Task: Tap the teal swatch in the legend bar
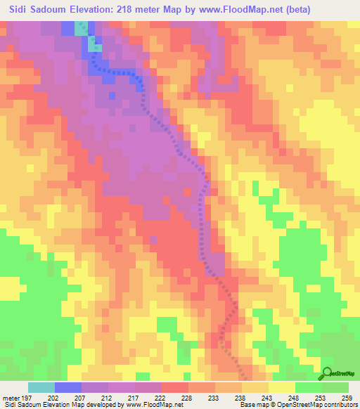click(x=41, y=387)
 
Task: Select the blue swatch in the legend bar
click(x=68, y=387)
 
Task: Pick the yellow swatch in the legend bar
click(x=282, y=387)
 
